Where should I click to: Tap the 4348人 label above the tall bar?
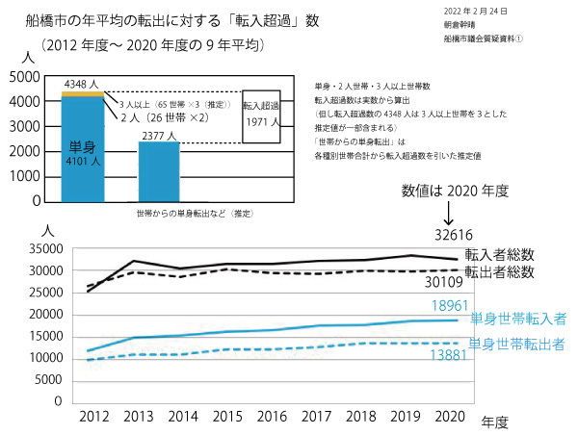(x=81, y=85)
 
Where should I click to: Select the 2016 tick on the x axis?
(x=274, y=416)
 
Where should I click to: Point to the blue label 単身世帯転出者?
(x=517, y=343)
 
